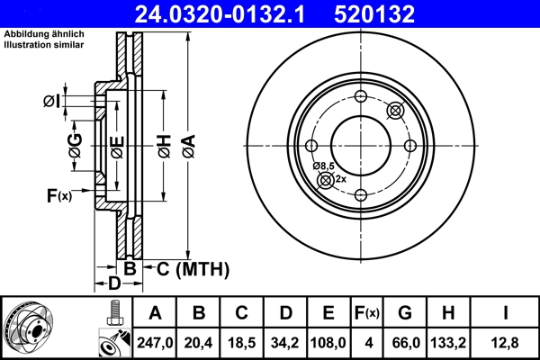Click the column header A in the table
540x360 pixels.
pyautogui.click(x=156, y=313)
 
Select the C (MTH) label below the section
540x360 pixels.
pyautogui.click(x=193, y=269)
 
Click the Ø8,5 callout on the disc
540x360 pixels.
pyautogui.click(x=323, y=166)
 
